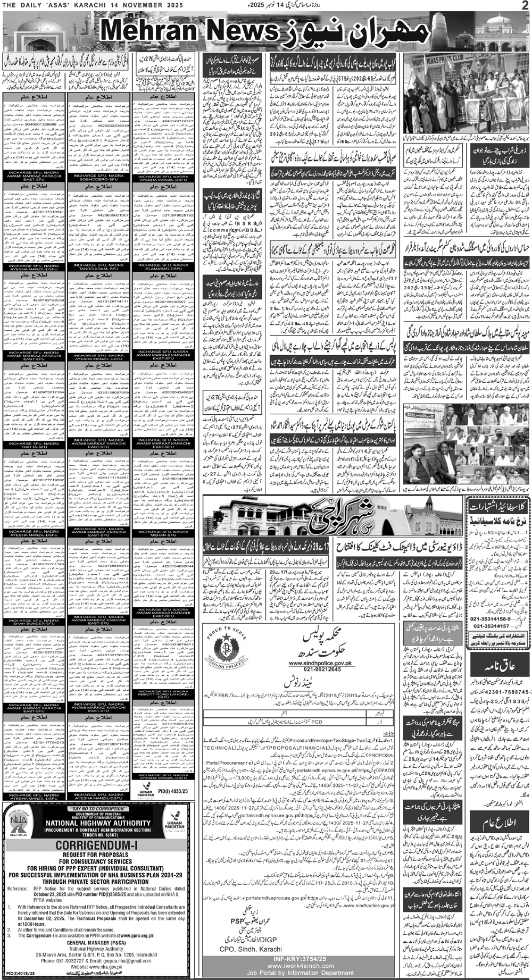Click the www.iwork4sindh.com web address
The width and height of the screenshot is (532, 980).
point(298,969)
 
